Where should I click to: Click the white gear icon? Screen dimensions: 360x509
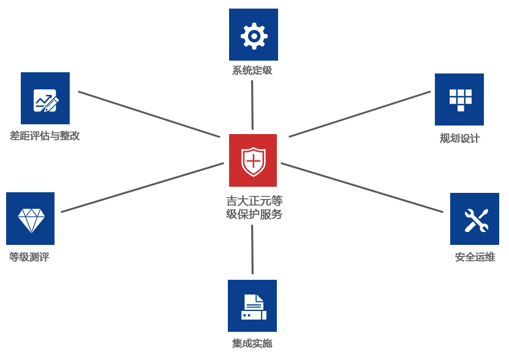[x=253, y=36]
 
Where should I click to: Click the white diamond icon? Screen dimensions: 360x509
[x=31, y=220]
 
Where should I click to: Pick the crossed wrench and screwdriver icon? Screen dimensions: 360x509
[x=475, y=220]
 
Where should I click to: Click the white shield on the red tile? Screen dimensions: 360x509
[x=252, y=161]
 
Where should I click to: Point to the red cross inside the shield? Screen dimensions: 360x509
[x=252, y=162]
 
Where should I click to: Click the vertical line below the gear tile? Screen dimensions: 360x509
[x=252, y=105]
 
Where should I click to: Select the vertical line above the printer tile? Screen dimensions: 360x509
[x=252, y=249]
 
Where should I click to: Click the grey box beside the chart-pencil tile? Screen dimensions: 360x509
[x=149, y=114]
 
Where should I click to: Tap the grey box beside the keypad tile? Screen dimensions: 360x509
[x=359, y=114]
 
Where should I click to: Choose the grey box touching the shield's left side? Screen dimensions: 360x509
[x=142, y=187]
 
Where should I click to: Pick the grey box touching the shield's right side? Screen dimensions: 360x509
[x=361, y=187]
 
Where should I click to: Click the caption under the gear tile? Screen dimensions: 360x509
[x=252, y=70]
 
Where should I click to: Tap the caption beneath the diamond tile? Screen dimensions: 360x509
[x=29, y=257]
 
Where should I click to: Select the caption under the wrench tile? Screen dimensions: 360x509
[x=475, y=257]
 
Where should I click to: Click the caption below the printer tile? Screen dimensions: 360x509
[x=252, y=343]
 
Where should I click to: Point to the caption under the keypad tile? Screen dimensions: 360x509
[x=460, y=138]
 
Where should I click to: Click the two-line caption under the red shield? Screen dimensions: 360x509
[x=254, y=208]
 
